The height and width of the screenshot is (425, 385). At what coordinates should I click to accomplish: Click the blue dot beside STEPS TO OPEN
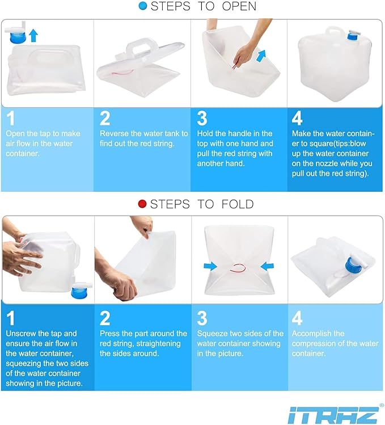coord(143,6)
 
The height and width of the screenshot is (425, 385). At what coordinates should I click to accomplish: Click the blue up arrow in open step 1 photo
coord(33,35)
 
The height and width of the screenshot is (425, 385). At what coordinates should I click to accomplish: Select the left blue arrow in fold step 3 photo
coord(211,266)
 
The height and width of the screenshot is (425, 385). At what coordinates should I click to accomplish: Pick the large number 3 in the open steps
coord(202,119)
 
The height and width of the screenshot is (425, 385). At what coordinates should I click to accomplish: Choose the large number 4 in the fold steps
coord(297,318)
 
